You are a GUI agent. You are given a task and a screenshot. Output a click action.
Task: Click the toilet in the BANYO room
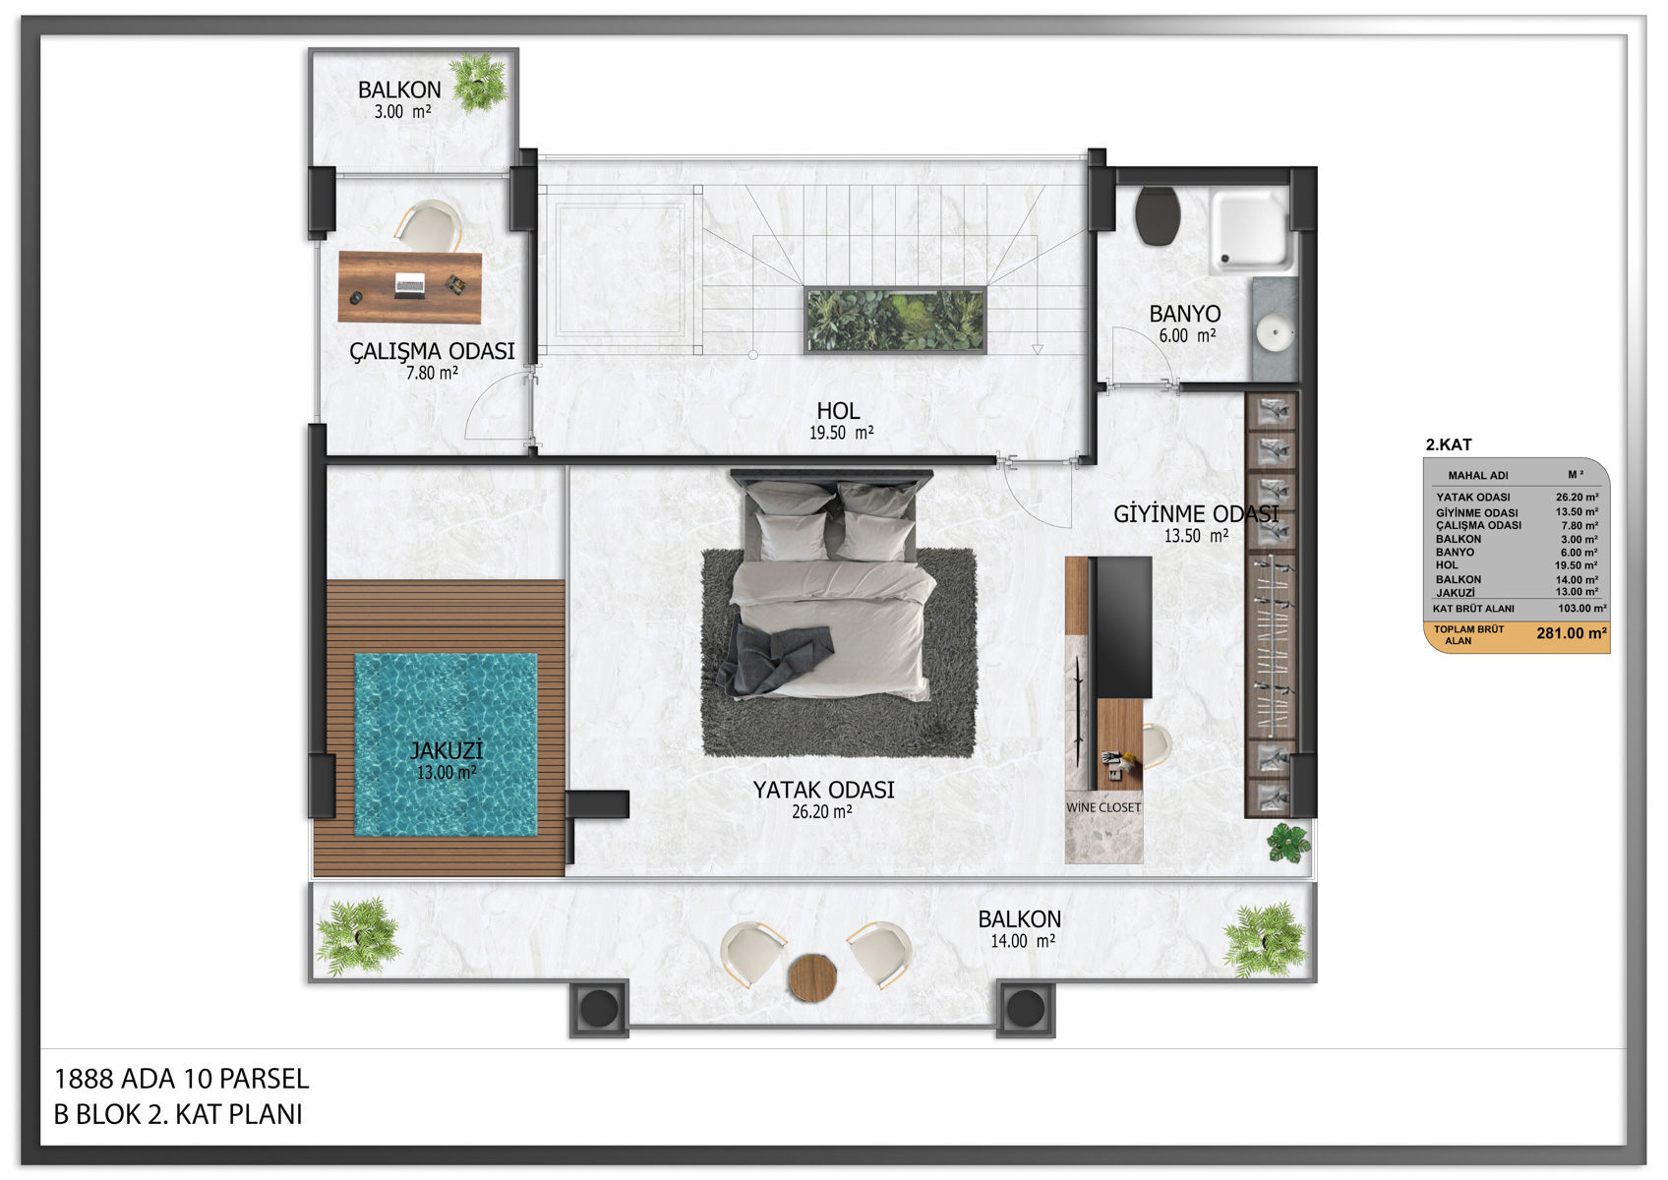(x=1158, y=215)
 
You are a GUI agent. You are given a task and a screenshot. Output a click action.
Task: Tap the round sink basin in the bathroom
(x=1275, y=332)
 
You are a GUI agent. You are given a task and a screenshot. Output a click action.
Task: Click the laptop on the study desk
(x=409, y=285)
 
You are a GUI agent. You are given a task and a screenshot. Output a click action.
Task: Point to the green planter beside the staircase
(x=895, y=320)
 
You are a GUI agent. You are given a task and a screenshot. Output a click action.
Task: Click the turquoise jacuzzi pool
(x=447, y=744)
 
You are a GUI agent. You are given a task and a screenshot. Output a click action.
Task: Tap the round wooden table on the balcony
(x=812, y=977)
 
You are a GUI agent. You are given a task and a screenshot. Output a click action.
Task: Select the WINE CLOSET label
(x=1103, y=807)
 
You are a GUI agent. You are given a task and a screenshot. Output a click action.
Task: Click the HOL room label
(x=839, y=410)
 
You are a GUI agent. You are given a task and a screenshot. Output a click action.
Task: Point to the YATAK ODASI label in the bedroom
(x=823, y=790)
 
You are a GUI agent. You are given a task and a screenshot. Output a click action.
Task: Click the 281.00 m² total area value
(x=1572, y=633)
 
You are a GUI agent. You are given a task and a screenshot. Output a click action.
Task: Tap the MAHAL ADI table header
(x=1478, y=475)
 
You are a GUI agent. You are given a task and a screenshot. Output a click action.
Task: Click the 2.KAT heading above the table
(x=1449, y=444)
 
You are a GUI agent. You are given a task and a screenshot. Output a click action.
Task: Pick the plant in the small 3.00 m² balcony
(x=480, y=82)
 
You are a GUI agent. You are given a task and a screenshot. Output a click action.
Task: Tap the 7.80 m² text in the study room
(x=432, y=373)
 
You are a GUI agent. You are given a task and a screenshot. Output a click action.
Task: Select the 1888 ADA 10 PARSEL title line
(x=182, y=1079)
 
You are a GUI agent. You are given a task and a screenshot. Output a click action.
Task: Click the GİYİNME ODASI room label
(x=1196, y=513)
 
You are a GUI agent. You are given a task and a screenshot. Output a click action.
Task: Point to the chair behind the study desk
(x=430, y=224)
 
